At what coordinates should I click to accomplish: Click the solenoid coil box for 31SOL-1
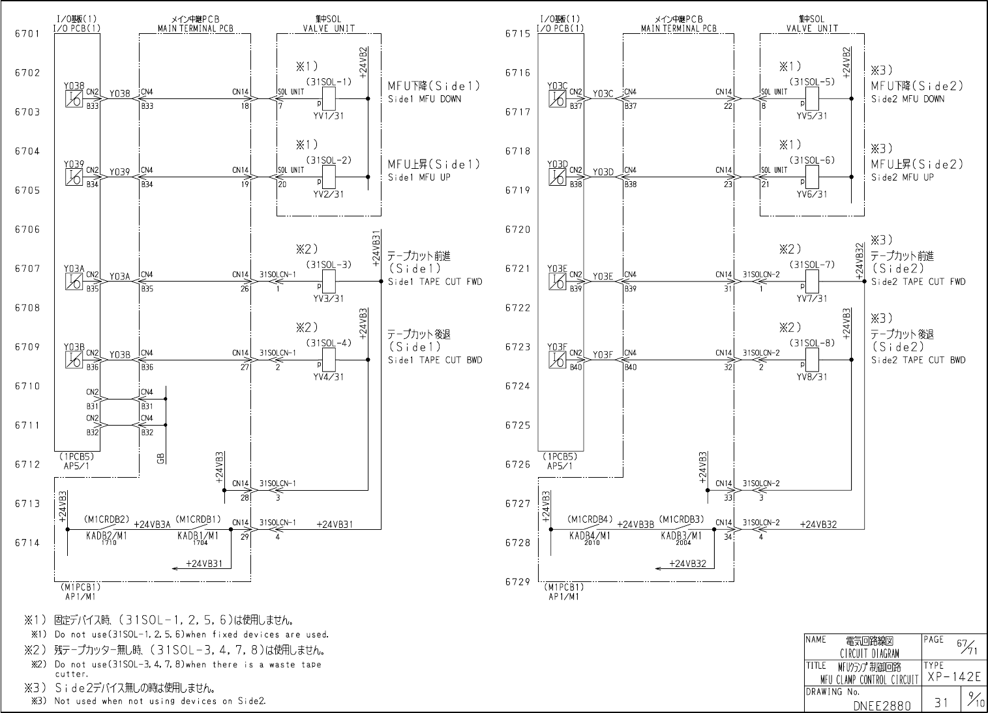tap(329, 98)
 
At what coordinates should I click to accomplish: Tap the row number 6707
tap(27, 269)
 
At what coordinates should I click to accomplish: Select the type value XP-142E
tap(953, 678)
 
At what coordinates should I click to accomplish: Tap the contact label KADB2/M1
tap(107, 535)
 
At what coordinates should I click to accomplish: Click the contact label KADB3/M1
tap(681, 535)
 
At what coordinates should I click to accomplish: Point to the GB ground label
tap(160, 459)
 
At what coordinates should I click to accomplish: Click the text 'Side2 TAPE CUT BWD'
tap(918, 360)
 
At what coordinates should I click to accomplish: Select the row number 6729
tap(518, 582)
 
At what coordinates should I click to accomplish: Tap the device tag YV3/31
tap(328, 298)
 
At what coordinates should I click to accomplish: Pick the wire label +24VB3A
tap(152, 523)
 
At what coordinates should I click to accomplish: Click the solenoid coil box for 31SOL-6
tap(813, 177)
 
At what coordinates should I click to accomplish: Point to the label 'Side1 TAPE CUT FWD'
tap(435, 282)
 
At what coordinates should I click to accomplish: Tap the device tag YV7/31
tap(811, 298)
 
